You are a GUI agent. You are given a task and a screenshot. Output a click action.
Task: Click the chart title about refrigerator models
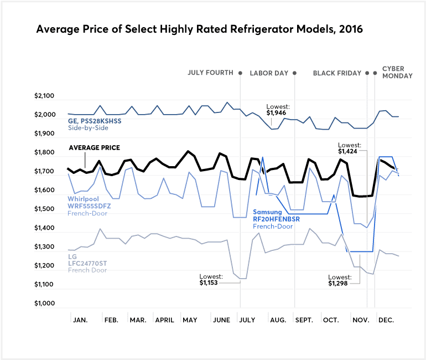pyautogui.click(x=199, y=29)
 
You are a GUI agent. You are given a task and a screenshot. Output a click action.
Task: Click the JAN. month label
pyautogui.click(x=80, y=321)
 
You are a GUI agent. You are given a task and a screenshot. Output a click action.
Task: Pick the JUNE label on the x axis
pyautogui.click(x=221, y=321)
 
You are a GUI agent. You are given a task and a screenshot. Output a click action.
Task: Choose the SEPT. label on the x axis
pyautogui.click(x=304, y=321)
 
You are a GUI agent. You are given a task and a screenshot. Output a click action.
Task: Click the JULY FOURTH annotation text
pyautogui.click(x=211, y=73)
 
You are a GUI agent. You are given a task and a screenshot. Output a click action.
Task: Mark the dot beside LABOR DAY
pyautogui.click(x=294, y=73)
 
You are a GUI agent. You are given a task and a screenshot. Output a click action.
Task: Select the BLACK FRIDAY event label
pyautogui.click(x=337, y=73)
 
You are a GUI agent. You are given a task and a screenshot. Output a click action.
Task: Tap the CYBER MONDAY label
pyautogui.click(x=397, y=73)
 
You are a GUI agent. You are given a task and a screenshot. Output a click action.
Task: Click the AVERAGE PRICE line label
pyautogui.click(x=94, y=148)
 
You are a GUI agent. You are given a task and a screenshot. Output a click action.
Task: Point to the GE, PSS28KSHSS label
pyautogui.click(x=95, y=120)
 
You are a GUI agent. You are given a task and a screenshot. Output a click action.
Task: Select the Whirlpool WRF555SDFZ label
pyautogui.click(x=89, y=206)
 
